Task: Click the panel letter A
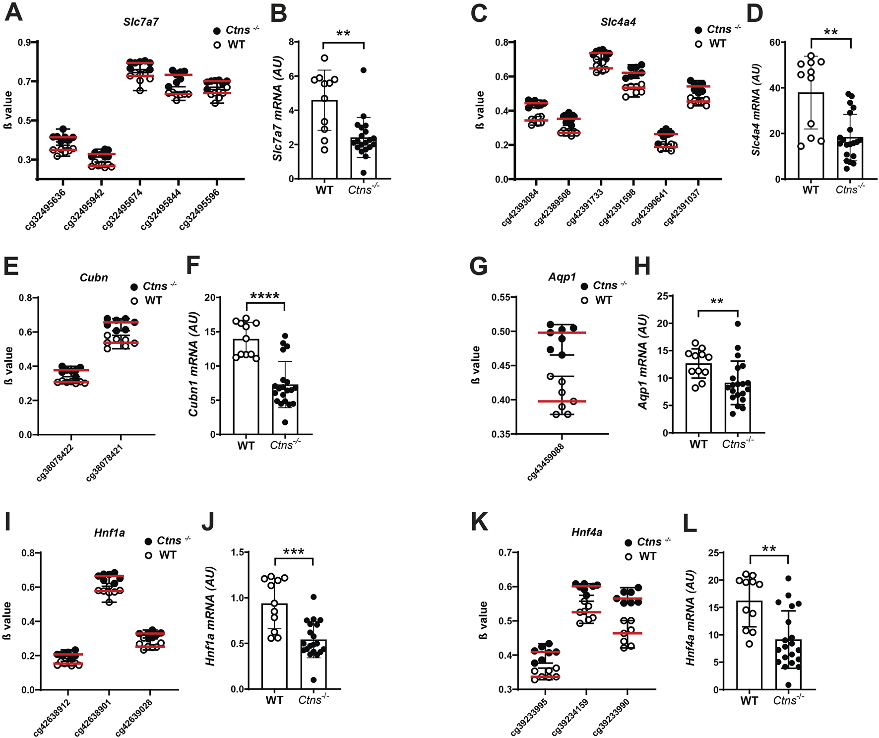(13, 12)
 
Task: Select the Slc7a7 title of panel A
(141, 22)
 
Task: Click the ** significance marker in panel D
(830, 33)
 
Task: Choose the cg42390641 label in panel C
(650, 207)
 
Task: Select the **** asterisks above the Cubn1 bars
(265, 297)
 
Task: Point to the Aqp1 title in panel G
(562, 277)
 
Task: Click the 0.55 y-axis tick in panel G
(501, 297)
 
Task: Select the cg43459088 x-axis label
(546, 462)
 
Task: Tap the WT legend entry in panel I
(161, 555)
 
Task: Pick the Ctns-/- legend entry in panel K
(647, 542)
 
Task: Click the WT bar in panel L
(749, 645)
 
